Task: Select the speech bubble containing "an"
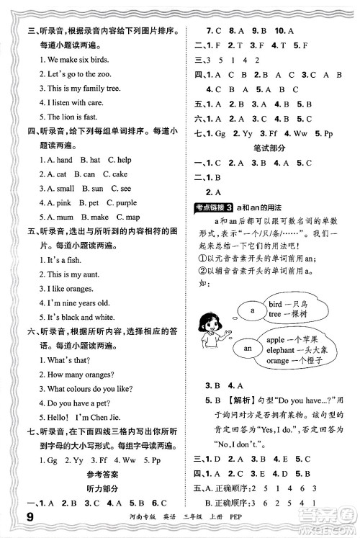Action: [x=246, y=349]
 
